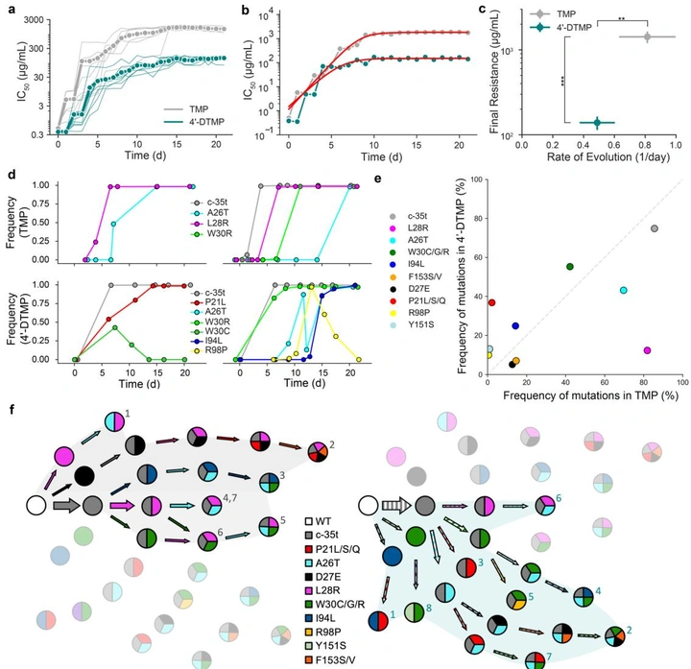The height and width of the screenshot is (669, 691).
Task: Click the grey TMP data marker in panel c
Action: tap(647, 36)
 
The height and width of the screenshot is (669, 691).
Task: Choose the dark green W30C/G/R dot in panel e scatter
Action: tap(570, 266)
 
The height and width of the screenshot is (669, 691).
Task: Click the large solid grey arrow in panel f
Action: tap(62, 504)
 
